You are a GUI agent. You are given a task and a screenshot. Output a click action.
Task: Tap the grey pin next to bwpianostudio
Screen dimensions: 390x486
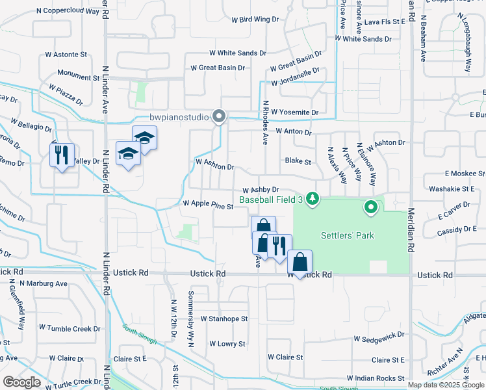pos(220,117)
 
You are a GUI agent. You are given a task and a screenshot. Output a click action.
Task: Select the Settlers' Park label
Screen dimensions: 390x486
pos(348,235)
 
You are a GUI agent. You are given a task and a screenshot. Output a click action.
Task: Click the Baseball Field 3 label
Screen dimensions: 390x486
pos(272,200)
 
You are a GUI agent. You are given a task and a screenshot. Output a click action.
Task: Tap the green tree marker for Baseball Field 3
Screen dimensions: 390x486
pos(313,198)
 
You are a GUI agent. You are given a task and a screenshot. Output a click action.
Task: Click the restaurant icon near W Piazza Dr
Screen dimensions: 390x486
pos(62,155)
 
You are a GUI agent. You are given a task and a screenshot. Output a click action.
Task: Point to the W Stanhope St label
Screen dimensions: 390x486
pos(224,319)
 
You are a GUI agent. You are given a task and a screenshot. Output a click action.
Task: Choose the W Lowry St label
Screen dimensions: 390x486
pos(223,344)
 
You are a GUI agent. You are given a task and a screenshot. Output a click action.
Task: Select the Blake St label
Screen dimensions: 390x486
pos(298,161)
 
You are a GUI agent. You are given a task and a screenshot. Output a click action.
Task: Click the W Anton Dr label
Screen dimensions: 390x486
pos(294,131)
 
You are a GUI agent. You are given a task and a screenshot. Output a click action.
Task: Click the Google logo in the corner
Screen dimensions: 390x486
pos(21,382)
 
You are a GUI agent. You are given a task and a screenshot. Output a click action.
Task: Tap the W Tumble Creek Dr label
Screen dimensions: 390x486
pos(70,329)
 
